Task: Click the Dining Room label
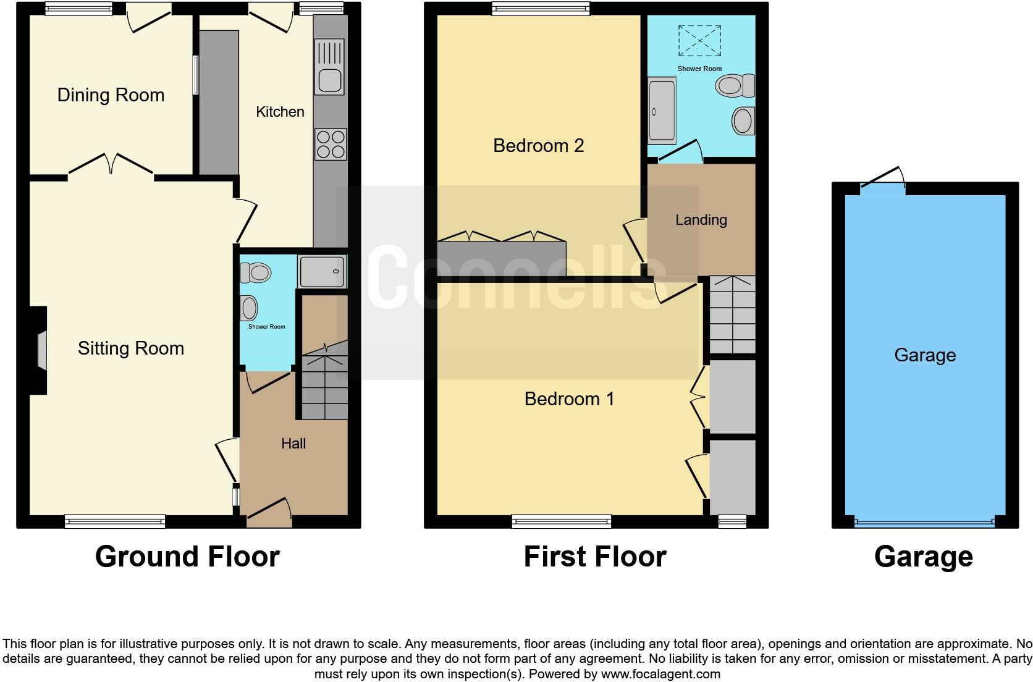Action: click(111, 95)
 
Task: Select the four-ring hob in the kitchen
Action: click(330, 144)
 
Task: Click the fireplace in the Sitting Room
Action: click(40, 350)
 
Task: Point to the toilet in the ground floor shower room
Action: click(256, 272)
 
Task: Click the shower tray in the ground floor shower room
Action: click(322, 271)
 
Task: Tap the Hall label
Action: click(293, 444)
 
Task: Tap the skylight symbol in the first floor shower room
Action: click(699, 41)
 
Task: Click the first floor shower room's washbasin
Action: click(743, 120)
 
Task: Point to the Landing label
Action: click(701, 220)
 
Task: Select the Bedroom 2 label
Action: click(538, 146)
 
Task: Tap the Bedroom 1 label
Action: click(569, 399)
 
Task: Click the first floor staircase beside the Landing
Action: click(732, 314)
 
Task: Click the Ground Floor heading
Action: click(187, 557)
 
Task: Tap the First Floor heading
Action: click(595, 557)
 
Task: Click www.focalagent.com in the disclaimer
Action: click(660, 674)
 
